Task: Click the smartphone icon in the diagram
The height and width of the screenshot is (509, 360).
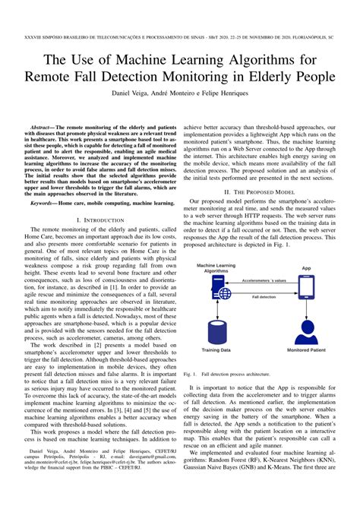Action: [306, 286]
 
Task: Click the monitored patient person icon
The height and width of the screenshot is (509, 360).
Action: [306, 331]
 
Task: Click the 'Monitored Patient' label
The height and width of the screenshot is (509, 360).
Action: [306, 352]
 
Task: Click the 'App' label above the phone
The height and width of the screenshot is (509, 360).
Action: [306, 267]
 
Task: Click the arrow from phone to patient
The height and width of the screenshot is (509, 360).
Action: [306, 308]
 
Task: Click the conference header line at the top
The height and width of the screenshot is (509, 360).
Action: [179, 36]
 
